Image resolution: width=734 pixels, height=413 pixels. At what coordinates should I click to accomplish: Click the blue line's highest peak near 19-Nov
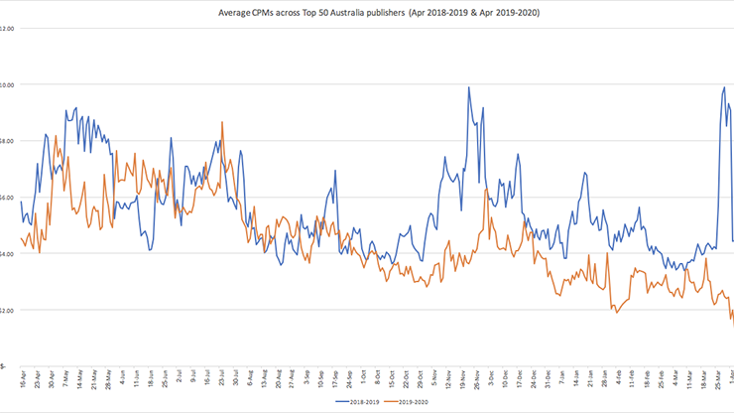tap(468, 87)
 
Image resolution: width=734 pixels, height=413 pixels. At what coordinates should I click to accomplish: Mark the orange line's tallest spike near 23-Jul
tap(222, 122)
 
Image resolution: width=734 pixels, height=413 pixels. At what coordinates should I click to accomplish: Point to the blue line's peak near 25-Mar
tap(724, 87)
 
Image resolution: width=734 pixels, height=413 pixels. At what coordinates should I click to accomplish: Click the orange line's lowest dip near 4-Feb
tap(617, 312)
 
